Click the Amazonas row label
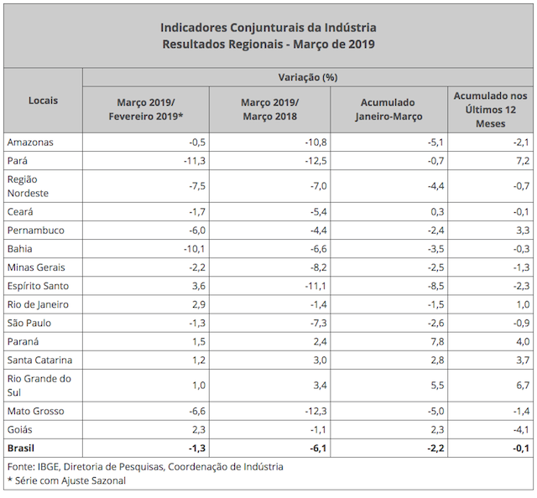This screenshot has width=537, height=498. tap(30, 142)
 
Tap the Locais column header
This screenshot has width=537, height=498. tap(43, 101)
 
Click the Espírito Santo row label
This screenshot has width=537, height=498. tap(38, 286)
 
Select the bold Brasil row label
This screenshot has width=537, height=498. tap(22, 448)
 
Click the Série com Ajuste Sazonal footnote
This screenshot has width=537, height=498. tap(69, 480)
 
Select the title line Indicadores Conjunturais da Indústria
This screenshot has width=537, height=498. tap(268, 29)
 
